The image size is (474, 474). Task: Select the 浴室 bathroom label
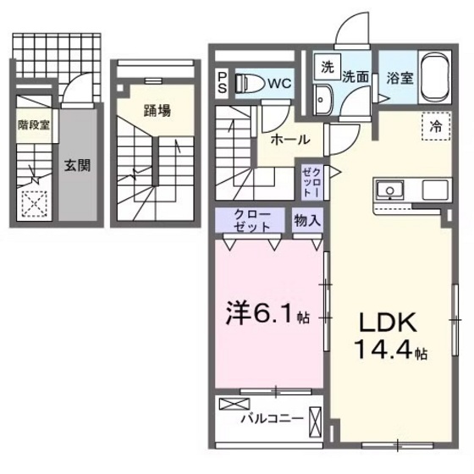(x=400, y=74)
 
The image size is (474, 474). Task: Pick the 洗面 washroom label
(x=355, y=74)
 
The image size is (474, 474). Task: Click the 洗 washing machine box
(x=326, y=67)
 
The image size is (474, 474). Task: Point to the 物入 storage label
(x=307, y=220)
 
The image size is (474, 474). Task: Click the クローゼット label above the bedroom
(x=252, y=220)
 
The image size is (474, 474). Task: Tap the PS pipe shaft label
(x=223, y=80)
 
